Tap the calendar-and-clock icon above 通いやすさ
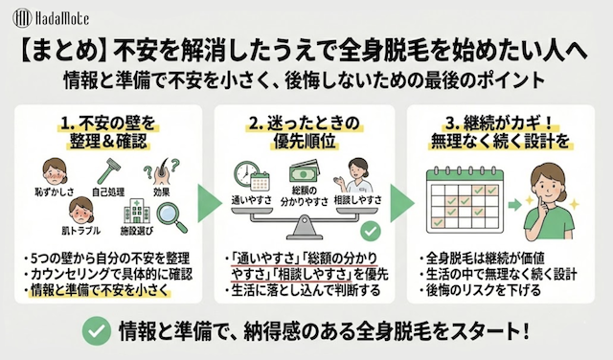pyautogui.click(x=250, y=179)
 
